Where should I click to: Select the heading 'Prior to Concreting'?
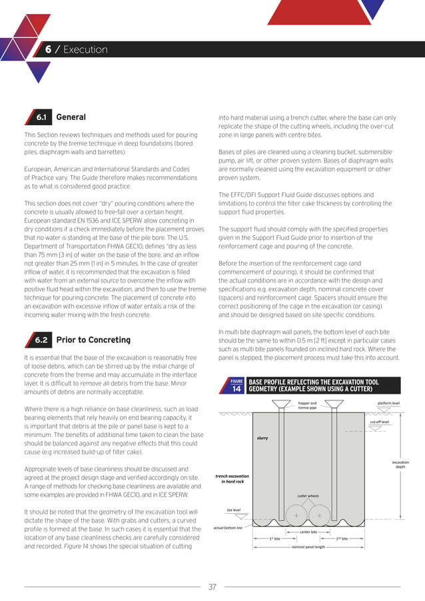click(93, 340)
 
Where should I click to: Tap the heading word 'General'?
click(71, 117)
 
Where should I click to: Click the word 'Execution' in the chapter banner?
click(85, 50)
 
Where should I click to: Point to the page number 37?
click(212, 586)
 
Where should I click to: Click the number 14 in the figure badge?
click(236, 390)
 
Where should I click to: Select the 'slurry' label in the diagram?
click(262, 438)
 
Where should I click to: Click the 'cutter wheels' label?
click(308, 496)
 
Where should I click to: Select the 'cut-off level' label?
click(380, 422)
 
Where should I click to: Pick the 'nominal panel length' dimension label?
click(308, 546)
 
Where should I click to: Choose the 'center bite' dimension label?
click(308, 532)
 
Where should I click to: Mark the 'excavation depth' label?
click(400, 464)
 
